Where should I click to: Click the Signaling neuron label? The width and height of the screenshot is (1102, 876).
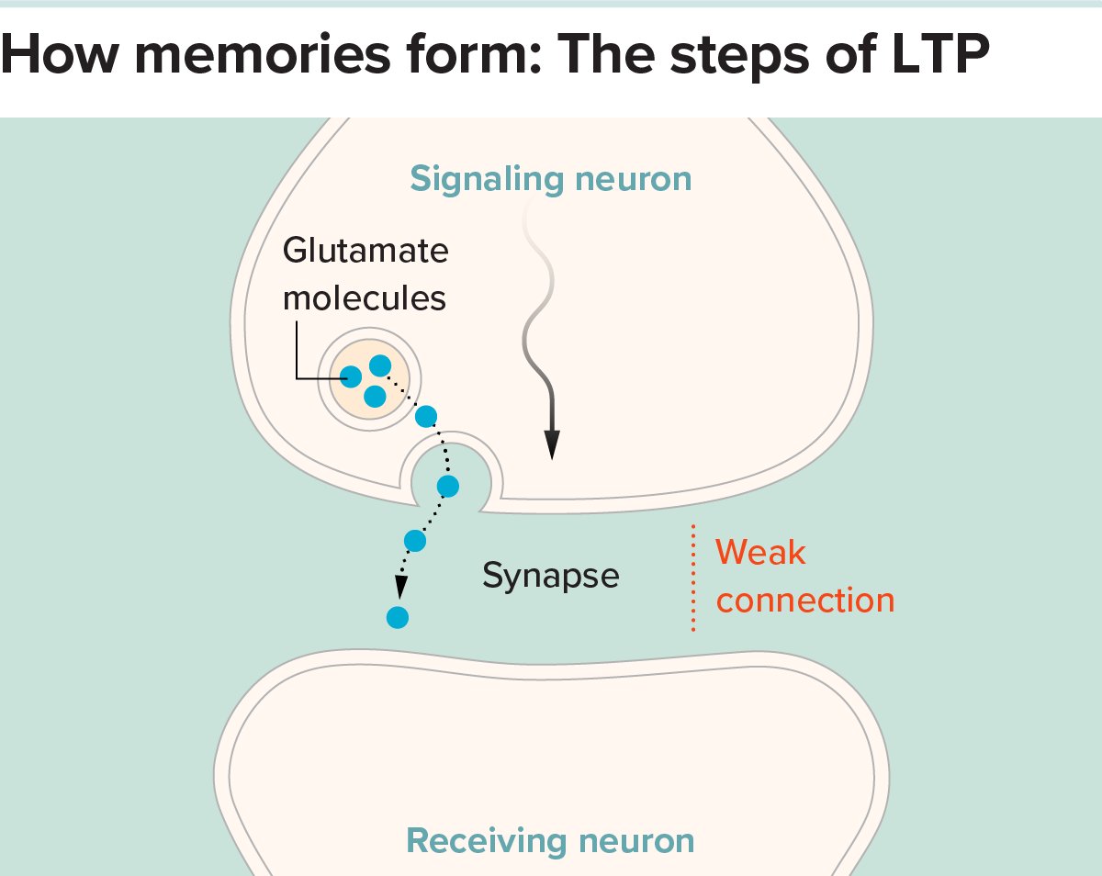(550, 178)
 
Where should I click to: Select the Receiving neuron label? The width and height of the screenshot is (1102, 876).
(550, 840)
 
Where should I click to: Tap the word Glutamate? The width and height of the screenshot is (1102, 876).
(365, 251)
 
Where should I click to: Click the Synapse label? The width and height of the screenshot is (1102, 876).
(550, 576)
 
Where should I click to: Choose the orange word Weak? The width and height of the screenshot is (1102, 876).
(760, 553)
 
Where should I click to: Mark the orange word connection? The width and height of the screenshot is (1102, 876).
(804, 601)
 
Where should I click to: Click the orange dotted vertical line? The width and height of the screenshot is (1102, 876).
(693, 578)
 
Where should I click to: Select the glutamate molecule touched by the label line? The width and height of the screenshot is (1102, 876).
(351, 376)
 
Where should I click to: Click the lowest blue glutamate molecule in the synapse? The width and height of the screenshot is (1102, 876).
(397, 617)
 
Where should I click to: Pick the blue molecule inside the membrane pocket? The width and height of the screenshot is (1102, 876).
(448, 486)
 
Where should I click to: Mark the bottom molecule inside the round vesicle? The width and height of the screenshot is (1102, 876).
(374, 397)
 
